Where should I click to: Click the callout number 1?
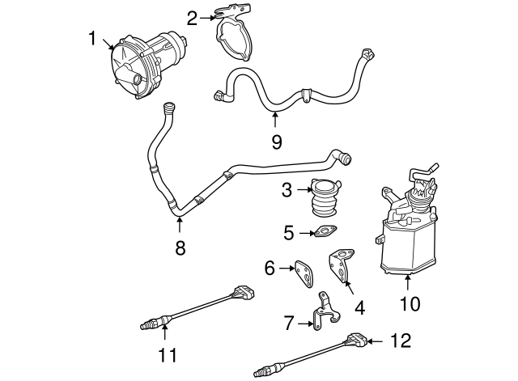pos(93,37)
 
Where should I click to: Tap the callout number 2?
pos(191,16)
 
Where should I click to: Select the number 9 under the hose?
pos(276,142)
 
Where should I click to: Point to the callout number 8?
pos(180,248)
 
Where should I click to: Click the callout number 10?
pos(410,304)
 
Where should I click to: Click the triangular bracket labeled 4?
pos(341,267)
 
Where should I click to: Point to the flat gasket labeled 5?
pos(325,235)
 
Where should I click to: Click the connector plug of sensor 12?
pos(357,340)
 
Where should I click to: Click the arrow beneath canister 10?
pos(410,282)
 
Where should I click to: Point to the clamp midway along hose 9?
pos(306,94)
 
